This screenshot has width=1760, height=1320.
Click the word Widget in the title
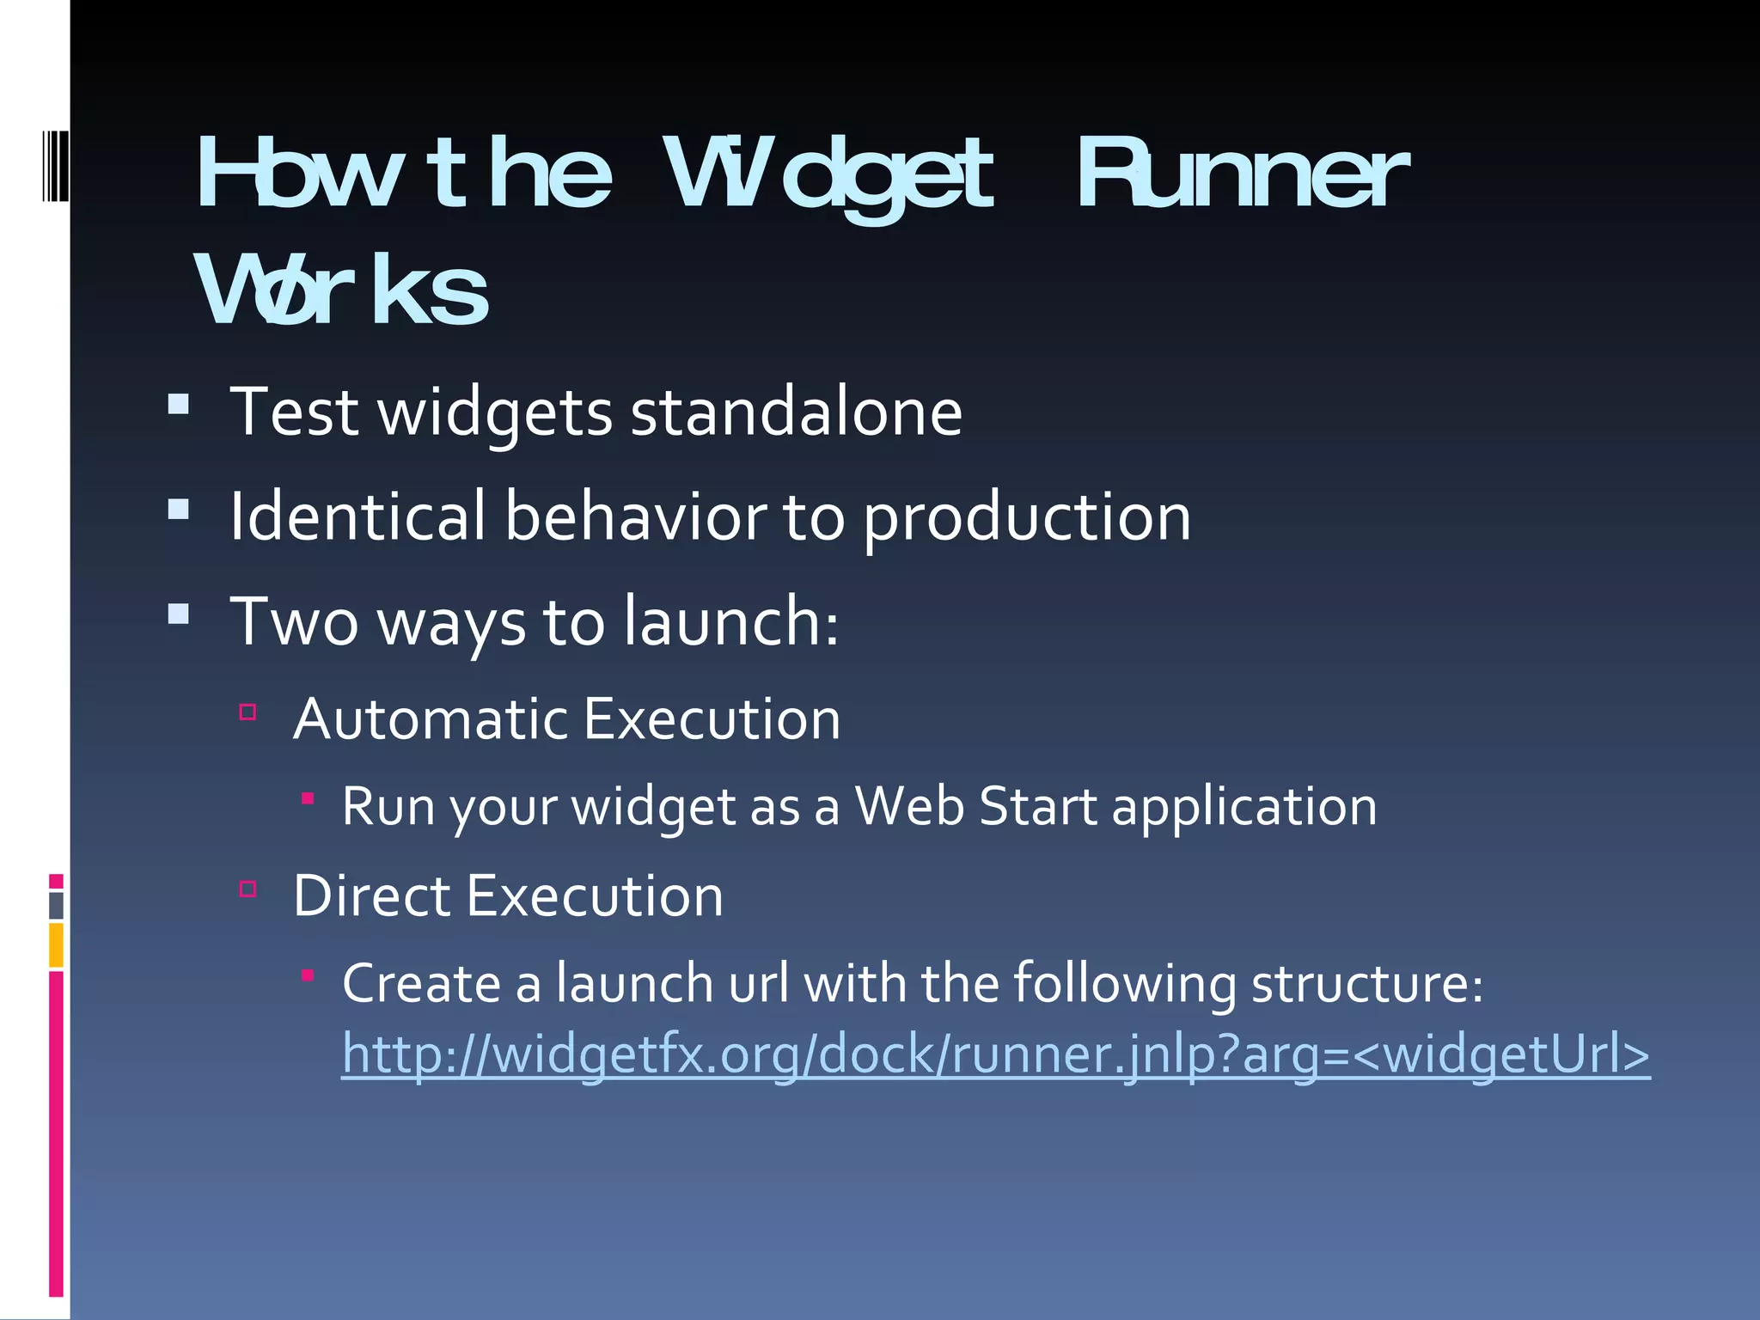click(x=829, y=176)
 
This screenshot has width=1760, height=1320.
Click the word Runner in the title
click(x=1242, y=176)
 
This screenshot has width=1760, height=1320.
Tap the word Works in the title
click(x=342, y=292)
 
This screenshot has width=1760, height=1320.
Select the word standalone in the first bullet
click(x=796, y=412)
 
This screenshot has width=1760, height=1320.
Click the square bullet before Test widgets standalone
click(x=179, y=404)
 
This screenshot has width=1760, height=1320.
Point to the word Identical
click(x=357, y=516)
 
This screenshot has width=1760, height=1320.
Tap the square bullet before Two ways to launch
click(x=179, y=613)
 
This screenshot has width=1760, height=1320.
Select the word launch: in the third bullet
click(x=730, y=621)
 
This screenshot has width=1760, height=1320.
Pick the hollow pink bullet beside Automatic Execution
click(x=248, y=712)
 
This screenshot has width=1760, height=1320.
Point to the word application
click(x=1244, y=808)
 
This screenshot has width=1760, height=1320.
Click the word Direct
click(x=371, y=896)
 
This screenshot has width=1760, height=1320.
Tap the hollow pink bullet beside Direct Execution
click(x=248, y=889)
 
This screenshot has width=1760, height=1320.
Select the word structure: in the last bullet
click(x=1366, y=983)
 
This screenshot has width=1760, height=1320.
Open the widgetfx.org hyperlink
click(x=995, y=1054)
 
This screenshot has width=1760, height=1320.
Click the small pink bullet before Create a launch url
click(x=308, y=975)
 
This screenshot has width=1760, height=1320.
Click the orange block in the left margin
click(x=56, y=945)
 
